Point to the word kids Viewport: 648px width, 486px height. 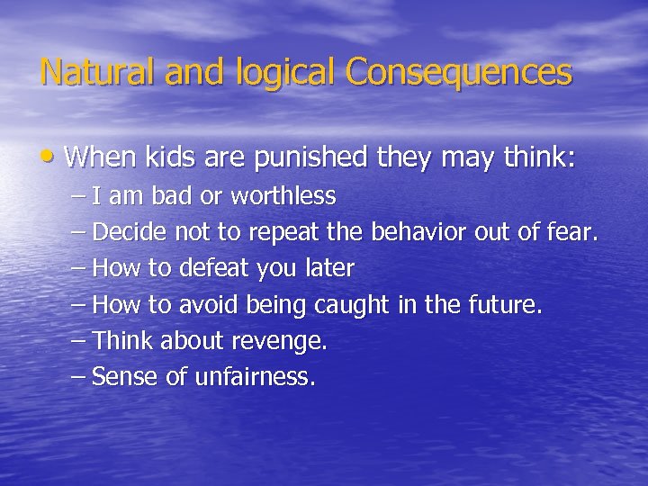[166, 158]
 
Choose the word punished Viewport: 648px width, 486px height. [311, 159]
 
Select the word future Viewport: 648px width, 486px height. [507, 306]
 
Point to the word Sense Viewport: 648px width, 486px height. [126, 378]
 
